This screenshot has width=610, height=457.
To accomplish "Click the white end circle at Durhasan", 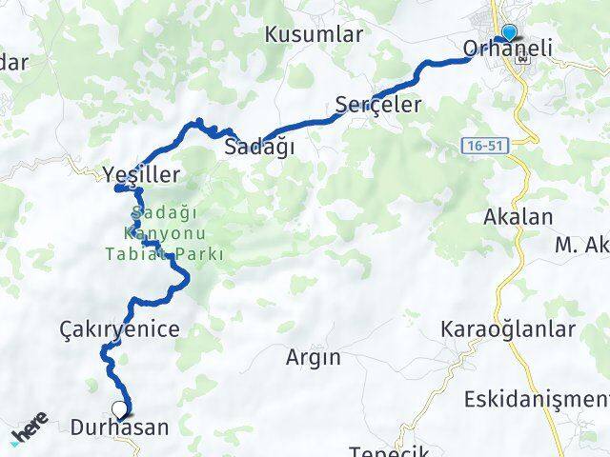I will pos(119,410).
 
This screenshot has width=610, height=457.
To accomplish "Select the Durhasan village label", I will pos(119,428).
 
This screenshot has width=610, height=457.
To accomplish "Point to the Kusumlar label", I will pos(315,34).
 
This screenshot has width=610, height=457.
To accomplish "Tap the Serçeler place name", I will pos(378,105).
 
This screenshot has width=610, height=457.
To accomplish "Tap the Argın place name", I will pos(313,358).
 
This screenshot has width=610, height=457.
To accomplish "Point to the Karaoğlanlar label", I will pos(508,330).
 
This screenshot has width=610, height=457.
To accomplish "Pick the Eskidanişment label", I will pos(537,399).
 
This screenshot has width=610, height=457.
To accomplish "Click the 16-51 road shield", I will pos(484,145).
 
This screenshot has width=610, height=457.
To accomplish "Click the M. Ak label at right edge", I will pos(582,247).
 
